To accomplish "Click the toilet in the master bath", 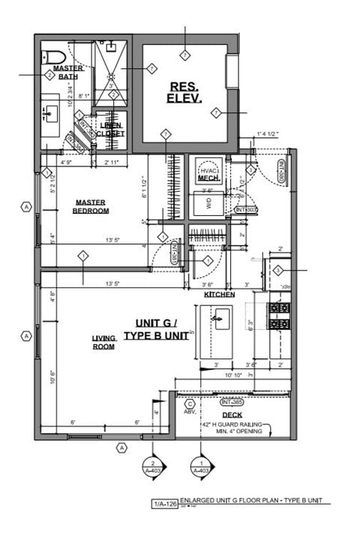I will tap(53, 57).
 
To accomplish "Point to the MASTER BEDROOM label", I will tap(91, 206).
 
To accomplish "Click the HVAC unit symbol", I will tap(208, 170).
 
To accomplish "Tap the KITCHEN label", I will tap(220, 295).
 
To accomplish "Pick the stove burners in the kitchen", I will tap(279, 316).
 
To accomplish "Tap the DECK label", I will tap(232, 414).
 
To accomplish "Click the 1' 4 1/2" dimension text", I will tap(267, 134).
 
